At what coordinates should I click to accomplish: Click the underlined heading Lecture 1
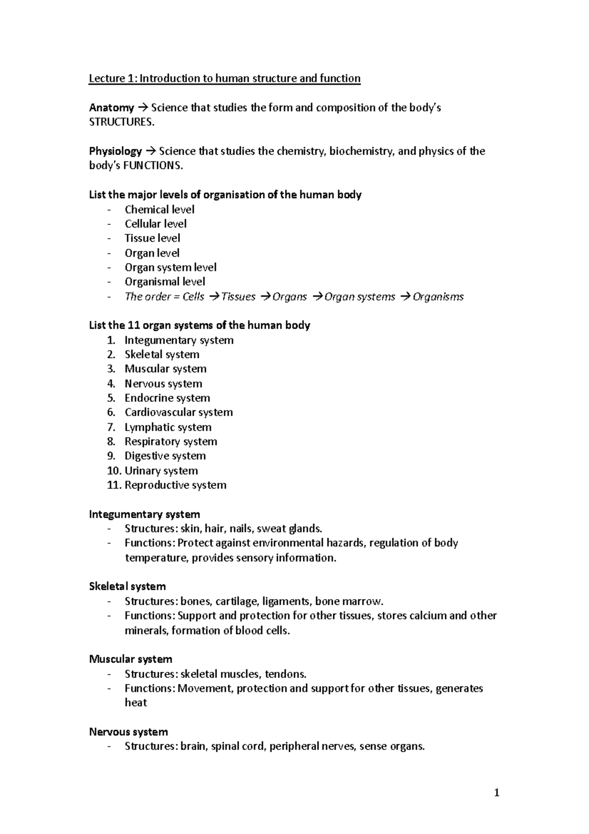(224, 79)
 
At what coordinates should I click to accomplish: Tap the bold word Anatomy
(111, 108)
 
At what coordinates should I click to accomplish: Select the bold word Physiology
(115, 151)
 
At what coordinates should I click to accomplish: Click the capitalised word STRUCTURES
(121, 122)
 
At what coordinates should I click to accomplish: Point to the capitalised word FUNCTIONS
(153, 166)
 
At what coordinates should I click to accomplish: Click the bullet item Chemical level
(160, 210)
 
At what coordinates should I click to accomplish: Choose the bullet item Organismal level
(165, 282)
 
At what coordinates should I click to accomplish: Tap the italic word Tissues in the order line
(239, 297)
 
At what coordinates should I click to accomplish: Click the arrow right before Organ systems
(318, 297)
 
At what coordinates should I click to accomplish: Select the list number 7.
(111, 427)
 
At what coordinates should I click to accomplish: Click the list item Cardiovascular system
(179, 413)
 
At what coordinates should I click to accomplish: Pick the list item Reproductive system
(175, 485)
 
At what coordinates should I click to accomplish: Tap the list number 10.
(114, 471)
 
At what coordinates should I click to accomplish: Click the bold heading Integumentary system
(144, 514)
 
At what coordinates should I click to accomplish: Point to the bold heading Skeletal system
(127, 586)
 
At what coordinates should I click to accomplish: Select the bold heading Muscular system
(131, 659)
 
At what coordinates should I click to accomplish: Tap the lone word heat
(135, 703)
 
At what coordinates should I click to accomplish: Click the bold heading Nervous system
(128, 732)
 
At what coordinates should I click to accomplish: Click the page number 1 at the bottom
(497, 792)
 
